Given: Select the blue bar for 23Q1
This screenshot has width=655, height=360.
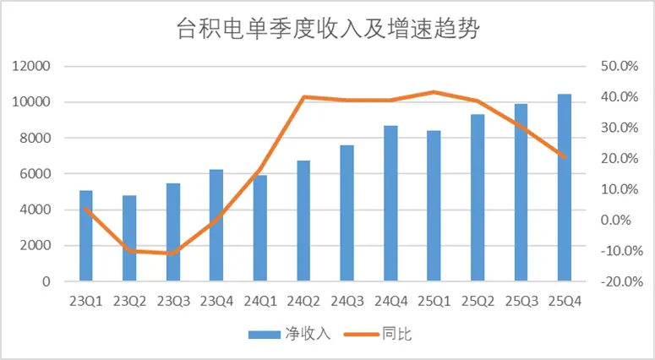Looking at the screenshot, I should (86, 236).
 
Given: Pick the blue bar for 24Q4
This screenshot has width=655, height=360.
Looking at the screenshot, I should (390, 204).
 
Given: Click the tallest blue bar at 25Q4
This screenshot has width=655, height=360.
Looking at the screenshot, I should (565, 188).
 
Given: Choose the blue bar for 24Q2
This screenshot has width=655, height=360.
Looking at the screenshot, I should (303, 221).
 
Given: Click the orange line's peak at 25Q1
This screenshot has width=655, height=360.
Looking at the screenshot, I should (434, 91).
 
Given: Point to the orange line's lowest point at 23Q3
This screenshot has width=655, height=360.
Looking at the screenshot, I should (172, 254).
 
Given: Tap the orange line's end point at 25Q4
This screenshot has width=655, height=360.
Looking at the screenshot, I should (565, 156).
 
